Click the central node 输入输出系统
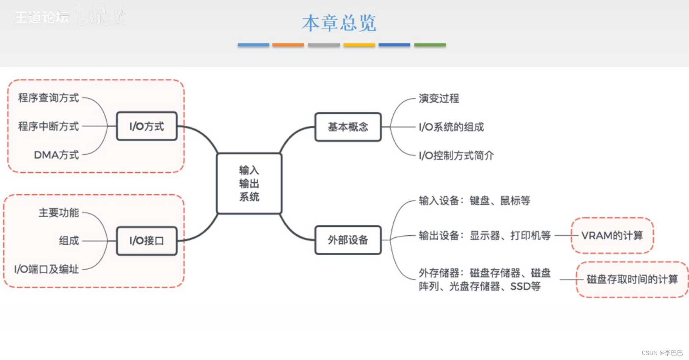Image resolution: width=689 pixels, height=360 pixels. click(249, 183)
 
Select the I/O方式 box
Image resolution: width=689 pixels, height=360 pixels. click(147, 126)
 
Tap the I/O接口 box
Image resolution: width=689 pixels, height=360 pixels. click(147, 240)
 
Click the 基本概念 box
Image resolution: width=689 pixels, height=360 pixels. click(348, 127)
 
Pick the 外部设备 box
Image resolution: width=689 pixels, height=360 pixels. click(348, 240)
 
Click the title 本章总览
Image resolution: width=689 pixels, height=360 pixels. click(339, 23)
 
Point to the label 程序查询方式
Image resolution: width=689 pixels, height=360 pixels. click(49, 98)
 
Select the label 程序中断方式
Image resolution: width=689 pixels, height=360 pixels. click(49, 126)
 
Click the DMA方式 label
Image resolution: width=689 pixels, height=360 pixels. click(56, 155)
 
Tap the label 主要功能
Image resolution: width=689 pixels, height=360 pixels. click(59, 213)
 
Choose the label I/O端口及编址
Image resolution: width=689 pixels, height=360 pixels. click(46, 269)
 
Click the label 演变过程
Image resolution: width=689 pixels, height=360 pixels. click(439, 98)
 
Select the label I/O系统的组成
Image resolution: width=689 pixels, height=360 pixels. click(451, 127)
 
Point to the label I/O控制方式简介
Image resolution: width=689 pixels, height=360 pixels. click(456, 155)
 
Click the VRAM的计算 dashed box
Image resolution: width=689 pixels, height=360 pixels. click(612, 235)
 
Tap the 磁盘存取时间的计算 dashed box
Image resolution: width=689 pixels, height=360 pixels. click(632, 279)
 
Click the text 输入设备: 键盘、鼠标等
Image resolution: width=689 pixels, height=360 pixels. click(474, 201)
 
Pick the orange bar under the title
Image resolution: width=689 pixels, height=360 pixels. click(288, 45)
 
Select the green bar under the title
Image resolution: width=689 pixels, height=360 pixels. click(430, 45)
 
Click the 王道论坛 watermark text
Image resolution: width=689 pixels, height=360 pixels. click(42, 17)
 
